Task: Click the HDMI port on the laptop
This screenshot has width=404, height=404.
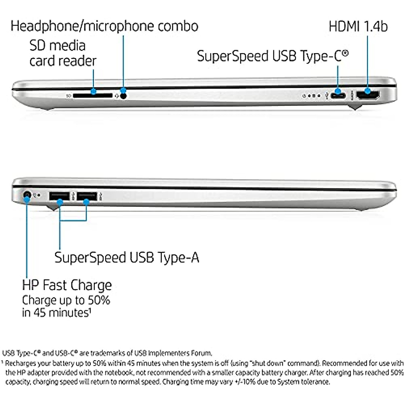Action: tap(368, 95)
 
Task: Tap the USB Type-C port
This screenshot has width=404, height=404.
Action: tap(338, 95)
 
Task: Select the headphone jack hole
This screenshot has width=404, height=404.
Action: tap(124, 96)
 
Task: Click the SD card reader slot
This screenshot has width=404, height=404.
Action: tap(92, 96)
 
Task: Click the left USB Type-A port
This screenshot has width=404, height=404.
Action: tap(59, 196)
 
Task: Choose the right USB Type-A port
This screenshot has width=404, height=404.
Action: tap(86, 196)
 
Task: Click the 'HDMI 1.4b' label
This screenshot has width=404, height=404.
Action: tap(358, 27)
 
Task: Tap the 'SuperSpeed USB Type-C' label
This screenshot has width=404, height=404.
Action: tap(272, 56)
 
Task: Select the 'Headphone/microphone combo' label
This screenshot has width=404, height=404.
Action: tap(104, 26)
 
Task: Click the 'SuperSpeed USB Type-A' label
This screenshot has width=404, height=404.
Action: tap(127, 258)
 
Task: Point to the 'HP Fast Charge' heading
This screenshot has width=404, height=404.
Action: tap(67, 285)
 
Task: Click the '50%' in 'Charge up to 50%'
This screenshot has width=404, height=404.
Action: tap(99, 300)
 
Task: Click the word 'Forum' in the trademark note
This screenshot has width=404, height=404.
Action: tap(203, 353)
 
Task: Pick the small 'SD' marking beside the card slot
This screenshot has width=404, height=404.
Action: tap(68, 96)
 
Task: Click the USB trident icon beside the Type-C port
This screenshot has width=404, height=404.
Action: tap(326, 96)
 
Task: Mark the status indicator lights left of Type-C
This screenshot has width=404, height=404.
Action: tap(311, 96)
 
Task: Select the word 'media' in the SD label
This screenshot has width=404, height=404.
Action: tap(68, 45)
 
